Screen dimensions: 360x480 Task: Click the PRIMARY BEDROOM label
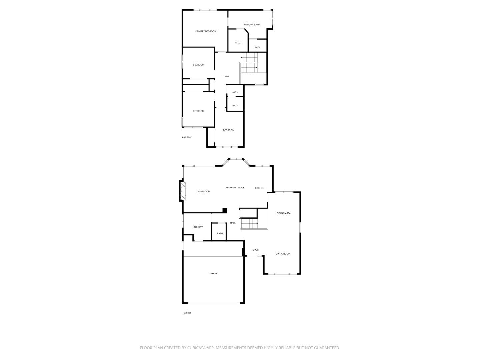click(x=206, y=31)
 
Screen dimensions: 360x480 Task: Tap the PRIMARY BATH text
click(x=252, y=25)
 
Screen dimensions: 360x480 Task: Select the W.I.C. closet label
click(x=238, y=43)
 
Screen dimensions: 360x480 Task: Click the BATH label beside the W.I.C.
click(x=257, y=48)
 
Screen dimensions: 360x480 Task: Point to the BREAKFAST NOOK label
click(x=235, y=188)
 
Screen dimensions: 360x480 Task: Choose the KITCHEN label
click(x=260, y=188)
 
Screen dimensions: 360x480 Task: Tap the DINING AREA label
click(x=283, y=213)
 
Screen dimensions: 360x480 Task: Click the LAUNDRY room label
click(x=197, y=227)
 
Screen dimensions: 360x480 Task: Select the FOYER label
click(x=255, y=250)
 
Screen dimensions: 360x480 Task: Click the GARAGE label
click(x=213, y=273)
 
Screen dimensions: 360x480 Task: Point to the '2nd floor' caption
click(x=187, y=137)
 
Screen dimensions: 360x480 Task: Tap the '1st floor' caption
click(x=187, y=313)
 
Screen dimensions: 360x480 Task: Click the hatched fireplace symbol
click(x=183, y=191)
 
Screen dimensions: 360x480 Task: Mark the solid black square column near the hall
click(x=225, y=210)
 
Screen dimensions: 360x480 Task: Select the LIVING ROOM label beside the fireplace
click(x=203, y=192)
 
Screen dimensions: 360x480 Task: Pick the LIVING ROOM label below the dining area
click(x=283, y=254)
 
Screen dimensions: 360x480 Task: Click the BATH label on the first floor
click(x=220, y=234)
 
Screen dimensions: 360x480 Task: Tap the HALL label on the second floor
click(x=226, y=76)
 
